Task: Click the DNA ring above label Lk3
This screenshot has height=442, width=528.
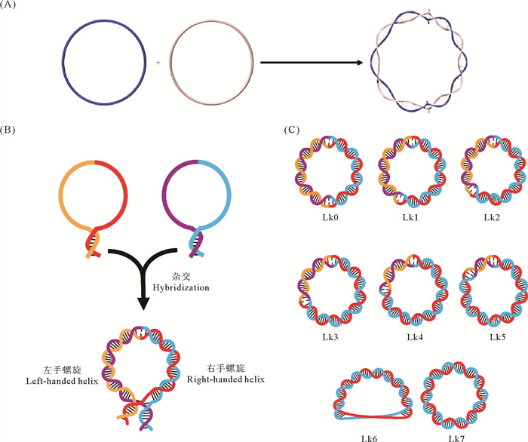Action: tap(325, 291)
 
